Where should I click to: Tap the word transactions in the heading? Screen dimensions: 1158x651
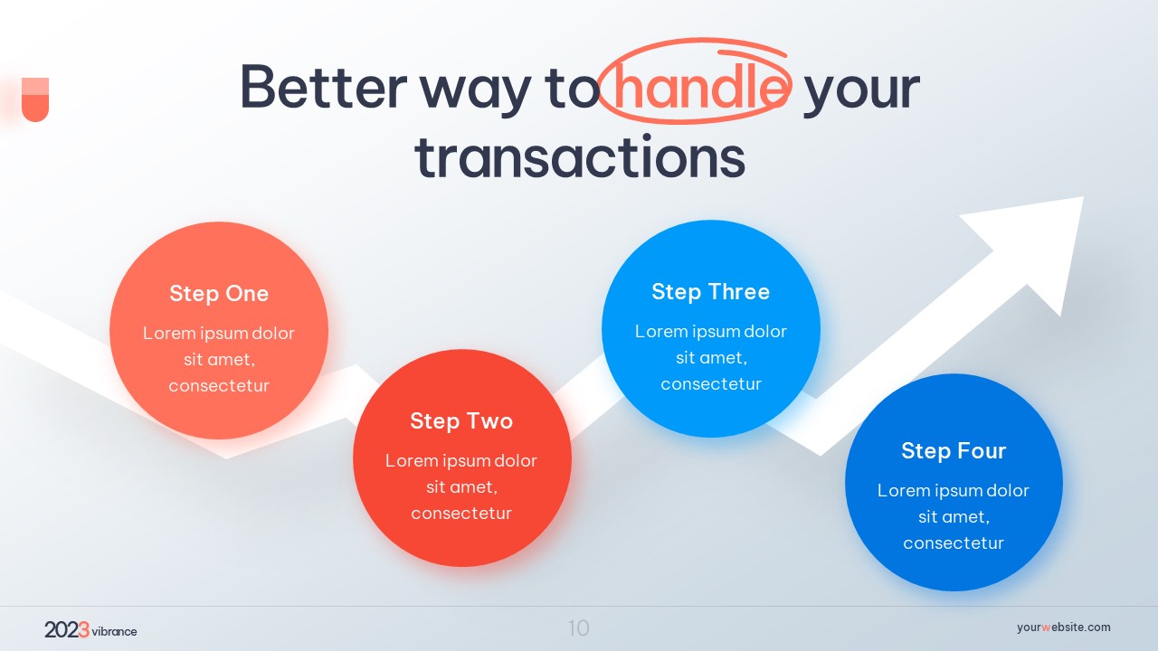pyautogui.click(x=580, y=157)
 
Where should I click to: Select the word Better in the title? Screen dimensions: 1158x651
pyautogui.click(x=324, y=86)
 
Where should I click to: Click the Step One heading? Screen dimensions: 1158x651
pyautogui.click(x=219, y=294)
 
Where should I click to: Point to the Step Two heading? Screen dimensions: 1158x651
pyautogui.click(x=461, y=421)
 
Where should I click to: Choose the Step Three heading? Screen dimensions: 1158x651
pyautogui.click(x=711, y=292)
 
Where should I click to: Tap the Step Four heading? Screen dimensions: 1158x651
pyautogui.click(x=954, y=450)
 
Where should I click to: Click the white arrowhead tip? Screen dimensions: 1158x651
pyautogui.click(x=1083, y=197)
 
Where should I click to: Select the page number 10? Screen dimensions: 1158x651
pyautogui.click(x=578, y=628)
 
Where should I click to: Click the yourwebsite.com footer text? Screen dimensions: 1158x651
pyautogui.click(x=1063, y=627)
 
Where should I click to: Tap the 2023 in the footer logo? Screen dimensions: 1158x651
pyautogui.click(x=67, y=630)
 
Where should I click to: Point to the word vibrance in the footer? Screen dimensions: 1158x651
pyautogui.click(x=114, y=631)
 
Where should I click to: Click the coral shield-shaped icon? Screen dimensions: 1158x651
pyautogui.click(x=35, y=99)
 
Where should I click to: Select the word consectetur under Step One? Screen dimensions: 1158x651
pyautogui.click(x=219, y=386)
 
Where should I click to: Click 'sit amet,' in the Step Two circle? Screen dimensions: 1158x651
pyautogui.click(x=461, y=487)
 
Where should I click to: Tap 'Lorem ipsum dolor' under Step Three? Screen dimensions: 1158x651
pyautogui.click(x=711, y=331)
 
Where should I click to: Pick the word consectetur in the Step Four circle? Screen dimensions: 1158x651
pyautogui.click(x=954, y=543)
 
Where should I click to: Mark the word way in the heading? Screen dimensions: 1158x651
pyautogui.click(x=476, y=93)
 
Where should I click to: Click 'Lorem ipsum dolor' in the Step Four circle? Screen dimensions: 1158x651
pyautogui.click(x=954, y=490)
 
